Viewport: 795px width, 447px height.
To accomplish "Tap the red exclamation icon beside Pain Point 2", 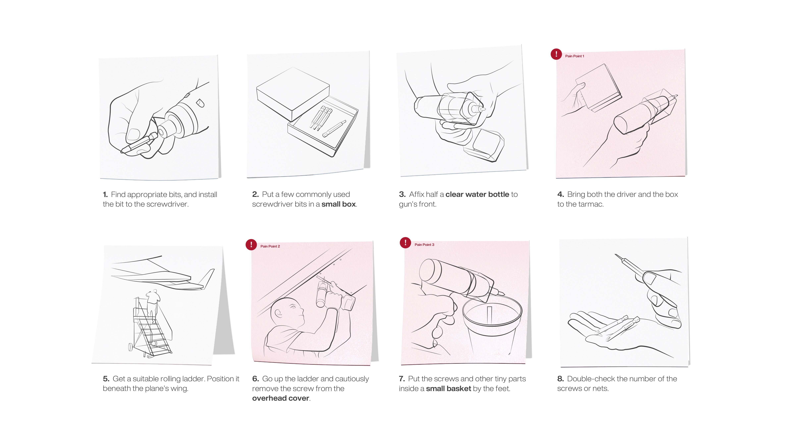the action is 251,245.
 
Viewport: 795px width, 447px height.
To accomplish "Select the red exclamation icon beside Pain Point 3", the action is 405,243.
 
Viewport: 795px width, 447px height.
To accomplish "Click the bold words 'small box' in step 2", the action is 339,204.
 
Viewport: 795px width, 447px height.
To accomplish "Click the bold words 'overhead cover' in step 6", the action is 281,398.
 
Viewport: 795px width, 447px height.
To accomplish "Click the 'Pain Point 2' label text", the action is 270,246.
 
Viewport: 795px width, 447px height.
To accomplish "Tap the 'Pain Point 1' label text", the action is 575,56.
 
